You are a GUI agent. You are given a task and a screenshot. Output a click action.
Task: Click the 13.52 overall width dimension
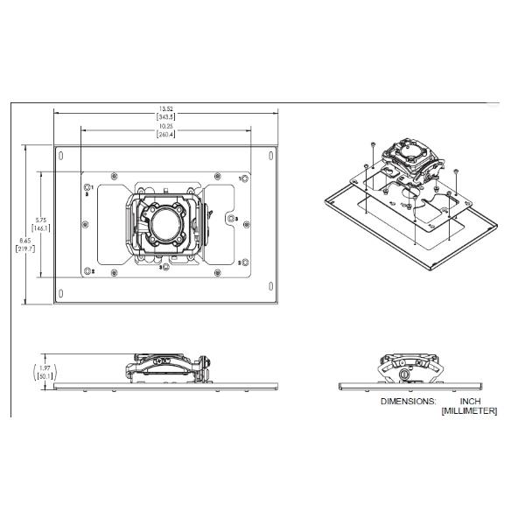(165, 109)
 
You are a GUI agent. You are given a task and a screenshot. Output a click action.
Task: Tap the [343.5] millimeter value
(165, 116)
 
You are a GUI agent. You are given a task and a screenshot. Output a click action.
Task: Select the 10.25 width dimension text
(165, 128)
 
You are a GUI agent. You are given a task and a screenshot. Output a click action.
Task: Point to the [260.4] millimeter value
(165, 136)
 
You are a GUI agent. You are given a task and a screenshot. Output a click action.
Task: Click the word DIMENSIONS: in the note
(407, 401)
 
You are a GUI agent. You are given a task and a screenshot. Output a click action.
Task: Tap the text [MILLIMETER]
(469, 410)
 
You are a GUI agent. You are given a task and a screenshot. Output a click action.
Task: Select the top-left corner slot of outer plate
(60, 157)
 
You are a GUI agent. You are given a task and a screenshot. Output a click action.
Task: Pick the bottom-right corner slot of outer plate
(271, 291)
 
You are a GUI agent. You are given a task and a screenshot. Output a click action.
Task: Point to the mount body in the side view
(166, 367)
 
